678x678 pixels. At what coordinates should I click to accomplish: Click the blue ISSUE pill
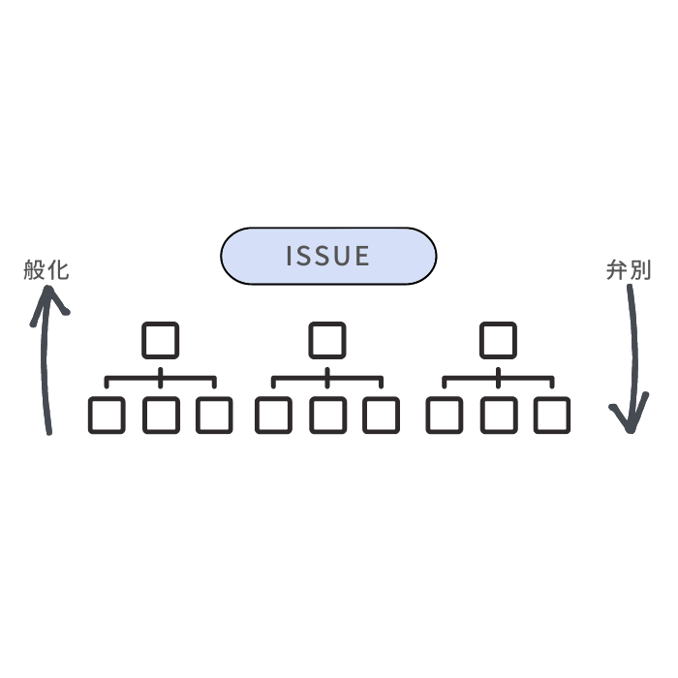328,256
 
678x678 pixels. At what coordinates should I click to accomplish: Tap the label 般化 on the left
46,270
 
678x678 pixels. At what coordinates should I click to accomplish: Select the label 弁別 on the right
628,270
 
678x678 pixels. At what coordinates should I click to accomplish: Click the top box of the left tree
160,340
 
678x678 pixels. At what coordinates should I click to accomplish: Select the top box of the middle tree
327,340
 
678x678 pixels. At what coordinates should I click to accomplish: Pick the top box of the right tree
498,340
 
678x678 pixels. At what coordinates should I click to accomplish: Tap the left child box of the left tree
106,416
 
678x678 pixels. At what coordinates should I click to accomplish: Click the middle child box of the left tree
160,416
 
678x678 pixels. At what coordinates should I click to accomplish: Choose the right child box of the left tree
214,416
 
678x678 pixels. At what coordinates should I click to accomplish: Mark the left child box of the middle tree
273,416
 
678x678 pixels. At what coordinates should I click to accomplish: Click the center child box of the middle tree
327,416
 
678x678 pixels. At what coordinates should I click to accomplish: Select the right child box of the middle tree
382,416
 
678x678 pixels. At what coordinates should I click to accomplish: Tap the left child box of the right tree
444,416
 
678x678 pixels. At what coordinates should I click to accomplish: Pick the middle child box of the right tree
498,416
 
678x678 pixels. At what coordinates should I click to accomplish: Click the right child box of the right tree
552,416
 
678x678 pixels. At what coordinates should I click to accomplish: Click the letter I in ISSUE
290,256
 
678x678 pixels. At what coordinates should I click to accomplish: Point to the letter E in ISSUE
363,256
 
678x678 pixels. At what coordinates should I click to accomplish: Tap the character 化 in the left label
58,270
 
